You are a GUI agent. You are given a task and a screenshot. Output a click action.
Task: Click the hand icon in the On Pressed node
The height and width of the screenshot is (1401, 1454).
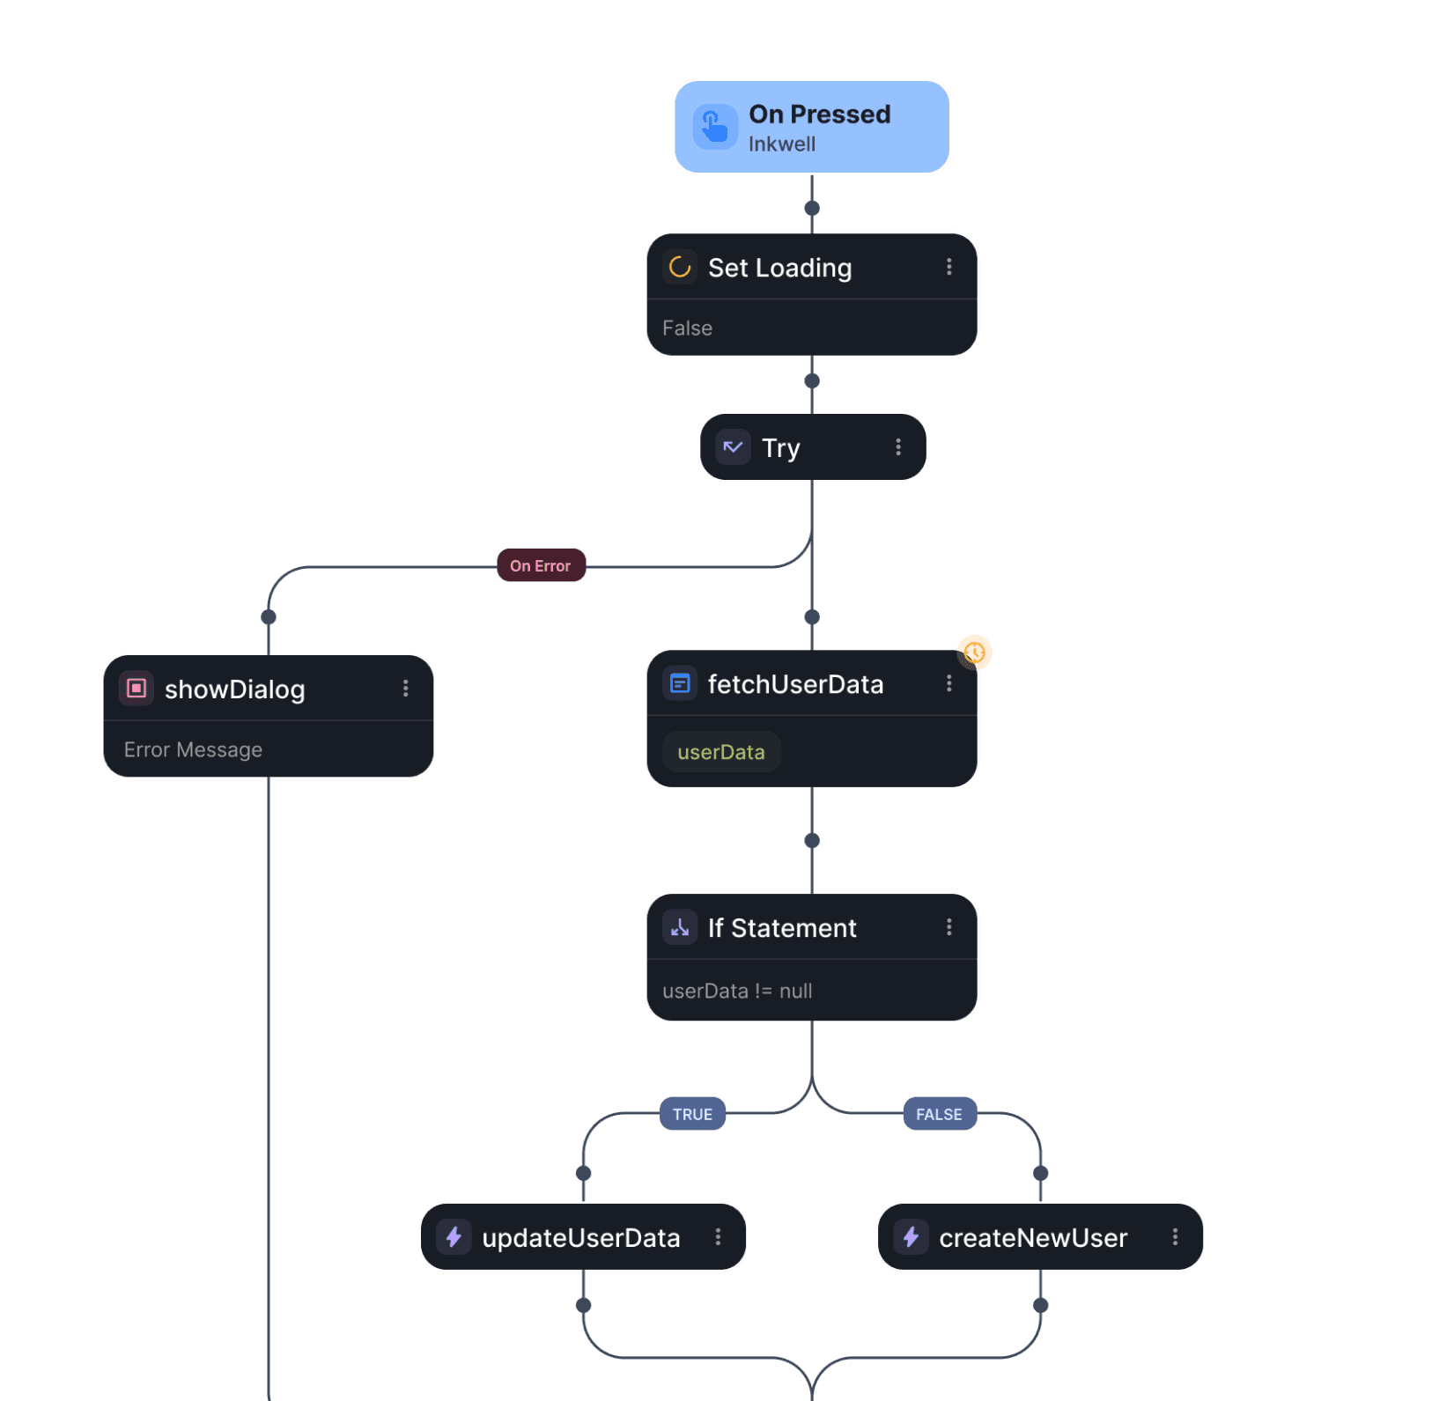point(714,128)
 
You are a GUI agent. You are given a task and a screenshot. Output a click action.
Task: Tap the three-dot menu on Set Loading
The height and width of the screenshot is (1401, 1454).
point(948,267)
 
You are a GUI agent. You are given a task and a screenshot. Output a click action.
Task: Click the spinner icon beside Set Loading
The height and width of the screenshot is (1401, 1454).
point(679,267)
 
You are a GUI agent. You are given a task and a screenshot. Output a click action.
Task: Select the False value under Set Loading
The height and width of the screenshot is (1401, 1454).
point(687,328)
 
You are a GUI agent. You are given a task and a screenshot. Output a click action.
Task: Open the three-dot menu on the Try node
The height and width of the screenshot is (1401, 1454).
point(898,447)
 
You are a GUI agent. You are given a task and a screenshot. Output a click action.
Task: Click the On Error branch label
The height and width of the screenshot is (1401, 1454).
point(541,565)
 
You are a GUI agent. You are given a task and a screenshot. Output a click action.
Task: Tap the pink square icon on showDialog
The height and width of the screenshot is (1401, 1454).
point(137,688)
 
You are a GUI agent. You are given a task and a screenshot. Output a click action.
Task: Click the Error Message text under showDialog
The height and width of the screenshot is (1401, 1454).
point(193,749)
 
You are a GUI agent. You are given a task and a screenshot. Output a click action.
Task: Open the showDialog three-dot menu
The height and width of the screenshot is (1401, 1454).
point(405,688)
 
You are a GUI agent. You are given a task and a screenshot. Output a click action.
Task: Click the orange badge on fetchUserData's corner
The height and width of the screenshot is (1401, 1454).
point(974,653)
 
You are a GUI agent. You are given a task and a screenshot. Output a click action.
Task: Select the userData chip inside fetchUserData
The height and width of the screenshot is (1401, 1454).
point(720,752)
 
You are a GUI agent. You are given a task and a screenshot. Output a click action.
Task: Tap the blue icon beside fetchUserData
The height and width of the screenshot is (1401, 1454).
point(680,683)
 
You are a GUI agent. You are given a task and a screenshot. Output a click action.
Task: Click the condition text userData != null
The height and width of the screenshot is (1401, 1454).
point(737,991)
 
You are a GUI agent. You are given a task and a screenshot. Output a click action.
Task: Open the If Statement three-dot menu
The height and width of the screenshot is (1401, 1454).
point(948,927)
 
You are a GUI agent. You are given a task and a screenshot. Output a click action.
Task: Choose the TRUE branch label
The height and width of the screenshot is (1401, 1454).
point(692,1114)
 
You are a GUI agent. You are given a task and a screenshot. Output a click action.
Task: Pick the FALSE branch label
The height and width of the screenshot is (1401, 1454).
point(939,1114)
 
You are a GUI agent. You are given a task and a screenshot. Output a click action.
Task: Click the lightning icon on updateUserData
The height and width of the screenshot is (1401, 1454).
point(454,1237)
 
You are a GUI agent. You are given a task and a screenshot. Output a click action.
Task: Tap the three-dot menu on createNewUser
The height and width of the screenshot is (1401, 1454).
point(1175,1237)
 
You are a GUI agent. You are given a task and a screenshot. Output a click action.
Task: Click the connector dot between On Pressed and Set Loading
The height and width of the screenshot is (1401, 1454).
point(812,209)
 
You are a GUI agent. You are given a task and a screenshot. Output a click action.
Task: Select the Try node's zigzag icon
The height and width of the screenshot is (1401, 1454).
point(733,447)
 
